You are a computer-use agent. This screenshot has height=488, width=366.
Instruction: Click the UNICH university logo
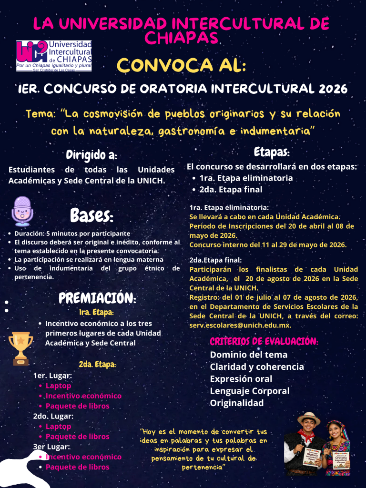click(x=54, y=56)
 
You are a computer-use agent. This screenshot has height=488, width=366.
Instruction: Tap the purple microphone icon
click(x=21, y=211)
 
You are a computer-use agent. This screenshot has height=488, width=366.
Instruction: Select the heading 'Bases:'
click(x=91, y=215)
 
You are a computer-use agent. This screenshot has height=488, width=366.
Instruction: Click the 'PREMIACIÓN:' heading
click(x=97, y=298)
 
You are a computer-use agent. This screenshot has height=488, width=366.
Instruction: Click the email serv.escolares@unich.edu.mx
click(x=240, y=325)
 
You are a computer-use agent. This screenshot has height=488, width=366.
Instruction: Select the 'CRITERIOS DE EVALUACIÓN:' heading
click(x=264, y=342)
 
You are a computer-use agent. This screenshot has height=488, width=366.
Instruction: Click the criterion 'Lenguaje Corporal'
click(x=250, y=391)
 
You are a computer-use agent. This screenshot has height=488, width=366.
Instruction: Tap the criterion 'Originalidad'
click(x=237, y=403)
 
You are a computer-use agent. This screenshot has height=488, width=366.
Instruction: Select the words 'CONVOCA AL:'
click(x=182, y=65)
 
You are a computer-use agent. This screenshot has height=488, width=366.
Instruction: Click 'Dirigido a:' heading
click(x=91, y=155)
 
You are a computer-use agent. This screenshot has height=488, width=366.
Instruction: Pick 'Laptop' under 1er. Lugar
click(x=58, y=386)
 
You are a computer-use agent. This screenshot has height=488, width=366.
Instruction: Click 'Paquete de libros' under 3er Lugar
click(x=78, y=467)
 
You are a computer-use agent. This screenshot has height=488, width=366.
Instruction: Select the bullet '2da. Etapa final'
click(x=231, y=189)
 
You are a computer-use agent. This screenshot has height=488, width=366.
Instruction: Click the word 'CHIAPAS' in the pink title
click(x=182, y=38)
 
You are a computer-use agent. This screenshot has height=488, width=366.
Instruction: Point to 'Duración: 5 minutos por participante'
click(x=72, y=234)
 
